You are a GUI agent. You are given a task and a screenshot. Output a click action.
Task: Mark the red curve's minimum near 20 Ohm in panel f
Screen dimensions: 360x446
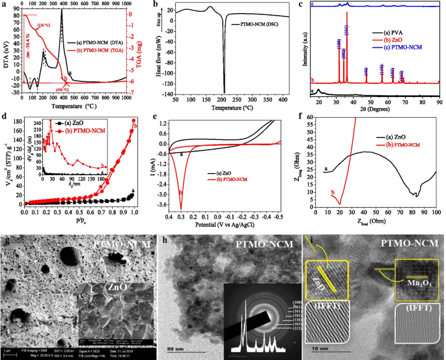point(339,204)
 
